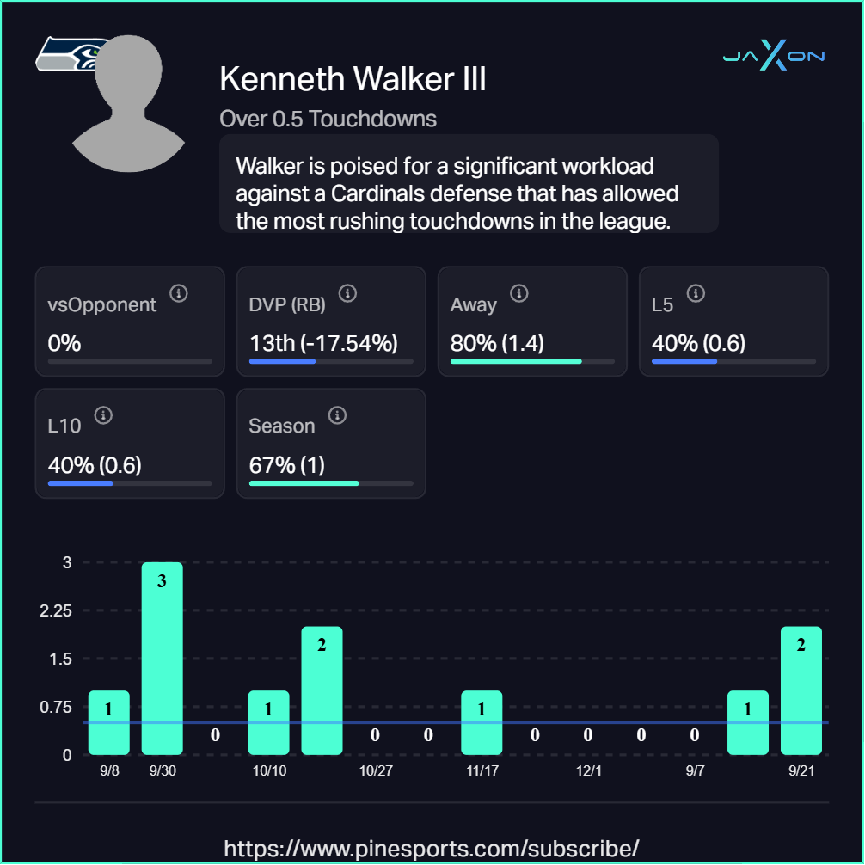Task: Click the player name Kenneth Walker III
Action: [x=353, y=79]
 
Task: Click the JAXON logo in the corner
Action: [x=774, y=57]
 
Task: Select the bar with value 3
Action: [x=162, y=658]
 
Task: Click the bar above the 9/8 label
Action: [x=109, y=722]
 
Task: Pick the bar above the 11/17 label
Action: [x=482, y=722]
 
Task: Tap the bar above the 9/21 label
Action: [x=801, y=690]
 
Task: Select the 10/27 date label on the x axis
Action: [x=376, y=770]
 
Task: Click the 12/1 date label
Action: [x=589, y=770]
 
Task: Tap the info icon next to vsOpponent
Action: [x=179, y=293]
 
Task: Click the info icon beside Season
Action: [x=337, y=415]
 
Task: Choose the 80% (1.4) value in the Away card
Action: [x=497, y=343]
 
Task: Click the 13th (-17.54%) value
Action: [x=323, y=343]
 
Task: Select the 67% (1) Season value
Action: [x=286, y=465]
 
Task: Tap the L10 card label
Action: [x=64, y=426]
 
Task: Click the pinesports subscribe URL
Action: [x=432, y=848]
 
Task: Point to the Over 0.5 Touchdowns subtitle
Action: [x=328, y=119]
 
